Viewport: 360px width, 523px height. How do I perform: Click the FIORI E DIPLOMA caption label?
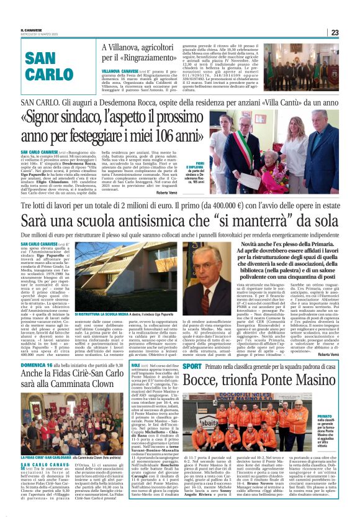click(198, 158)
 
